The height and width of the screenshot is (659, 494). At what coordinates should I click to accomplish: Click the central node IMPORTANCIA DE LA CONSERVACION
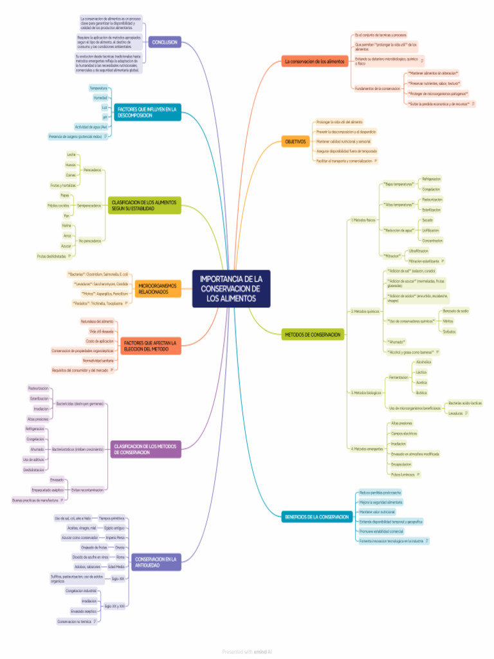(x=231, y=288)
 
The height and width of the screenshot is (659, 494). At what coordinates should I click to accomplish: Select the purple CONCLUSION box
(x=164, y=42)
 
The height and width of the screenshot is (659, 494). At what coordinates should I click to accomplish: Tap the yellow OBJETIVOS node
(x=295, y=141)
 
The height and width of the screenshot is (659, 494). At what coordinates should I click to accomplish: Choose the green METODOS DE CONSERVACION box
(x=313, y=335)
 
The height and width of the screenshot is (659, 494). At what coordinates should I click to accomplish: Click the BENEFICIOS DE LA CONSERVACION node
(x=317, y=517)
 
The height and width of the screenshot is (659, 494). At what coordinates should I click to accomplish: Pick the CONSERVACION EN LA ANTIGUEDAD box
(x=156, y=562)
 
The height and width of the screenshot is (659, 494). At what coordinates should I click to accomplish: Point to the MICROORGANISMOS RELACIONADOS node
(x=153, y=288)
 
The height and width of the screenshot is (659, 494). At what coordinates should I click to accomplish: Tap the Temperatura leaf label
(x=98, y=88)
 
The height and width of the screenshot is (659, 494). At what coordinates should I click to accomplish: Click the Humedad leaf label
(x=100, y=98)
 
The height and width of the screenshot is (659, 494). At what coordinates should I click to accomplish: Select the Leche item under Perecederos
(x=71, y=155)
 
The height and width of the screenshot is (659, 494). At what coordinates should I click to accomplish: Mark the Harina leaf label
(x=67, y=226)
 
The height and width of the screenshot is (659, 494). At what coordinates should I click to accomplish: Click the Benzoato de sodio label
(x=456, y=311)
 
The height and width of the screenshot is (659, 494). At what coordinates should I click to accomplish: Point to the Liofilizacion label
(x=431, y=230)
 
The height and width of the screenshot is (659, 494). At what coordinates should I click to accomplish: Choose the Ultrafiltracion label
(x=418, y=250)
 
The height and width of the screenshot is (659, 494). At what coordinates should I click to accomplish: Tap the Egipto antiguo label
(x=114, y=528)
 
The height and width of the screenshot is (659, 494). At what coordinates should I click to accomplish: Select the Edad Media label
(x=116, y=567)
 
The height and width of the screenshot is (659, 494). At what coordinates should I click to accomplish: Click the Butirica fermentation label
(x=421, y=392)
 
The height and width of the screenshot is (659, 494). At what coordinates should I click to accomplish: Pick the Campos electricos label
(x=402, y=433)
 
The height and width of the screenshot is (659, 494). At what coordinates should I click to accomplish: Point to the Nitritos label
(x=448, y=321)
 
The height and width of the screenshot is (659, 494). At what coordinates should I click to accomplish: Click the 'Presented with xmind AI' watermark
(x=247, y=652)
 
